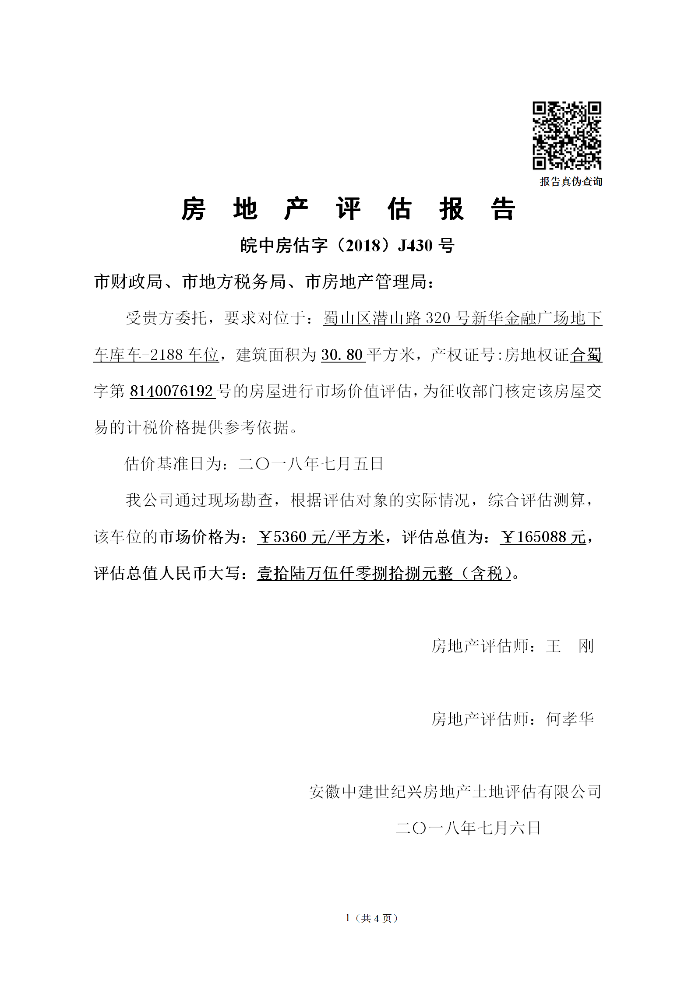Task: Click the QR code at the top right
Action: coord(567,135)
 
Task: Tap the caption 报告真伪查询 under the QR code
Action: coord(571,182)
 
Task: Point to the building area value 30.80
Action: coord(342,355)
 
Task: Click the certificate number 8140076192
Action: coord(171,391)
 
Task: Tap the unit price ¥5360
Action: coord(282,537)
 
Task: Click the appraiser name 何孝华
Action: coord(570,719)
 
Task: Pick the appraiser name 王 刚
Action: coord(570,646)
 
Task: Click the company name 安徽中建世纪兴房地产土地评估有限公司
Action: coord(455,792)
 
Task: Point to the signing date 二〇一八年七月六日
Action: coord(468,828)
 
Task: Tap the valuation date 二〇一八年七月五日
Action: coord(311,464)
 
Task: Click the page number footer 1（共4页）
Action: coord(371,919)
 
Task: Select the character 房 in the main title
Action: coord(194,209)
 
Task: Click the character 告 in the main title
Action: coord(503,209)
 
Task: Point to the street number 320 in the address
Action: coord(437,318)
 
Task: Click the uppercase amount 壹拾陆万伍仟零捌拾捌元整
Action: coord(355,573)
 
